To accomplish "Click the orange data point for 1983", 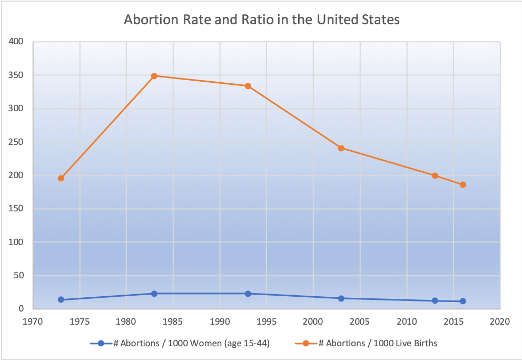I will point(154,76).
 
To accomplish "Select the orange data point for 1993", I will point(248,86).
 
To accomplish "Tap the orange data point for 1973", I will point(61,178).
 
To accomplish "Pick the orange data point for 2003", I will point(341,148).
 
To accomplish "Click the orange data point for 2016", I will point(462,184).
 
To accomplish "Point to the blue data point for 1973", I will point(61,299).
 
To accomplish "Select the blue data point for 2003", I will point(341,298).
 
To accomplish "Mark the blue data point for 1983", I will point(154,294).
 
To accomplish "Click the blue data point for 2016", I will point(462,301).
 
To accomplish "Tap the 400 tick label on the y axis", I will point(16,42).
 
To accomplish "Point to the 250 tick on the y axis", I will point(16,142).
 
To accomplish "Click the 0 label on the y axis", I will point(21,309).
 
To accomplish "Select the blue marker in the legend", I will point(101,343).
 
